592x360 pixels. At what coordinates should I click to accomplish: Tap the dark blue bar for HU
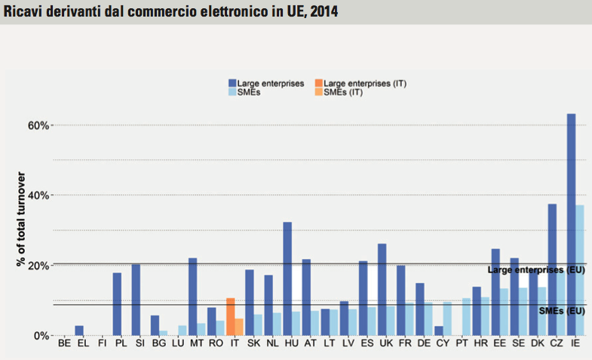pos(287,278)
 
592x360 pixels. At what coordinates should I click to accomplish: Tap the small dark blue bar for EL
pos(79,331)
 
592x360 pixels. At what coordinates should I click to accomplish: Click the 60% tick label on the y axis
pos(39,125)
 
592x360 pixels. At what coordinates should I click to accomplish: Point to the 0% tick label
pos(41,336)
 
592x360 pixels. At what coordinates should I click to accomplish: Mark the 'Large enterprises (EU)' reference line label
pos(536,269)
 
